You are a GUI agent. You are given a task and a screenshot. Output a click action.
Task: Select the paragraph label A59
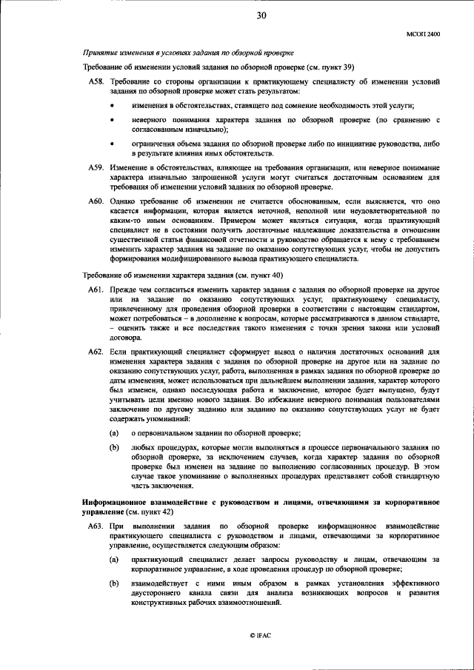(96, 169)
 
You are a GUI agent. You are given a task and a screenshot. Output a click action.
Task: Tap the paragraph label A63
(96, 525)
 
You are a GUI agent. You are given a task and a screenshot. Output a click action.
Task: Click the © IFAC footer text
(261, 635)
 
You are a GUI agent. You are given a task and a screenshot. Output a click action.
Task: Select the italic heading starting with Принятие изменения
(188, 53)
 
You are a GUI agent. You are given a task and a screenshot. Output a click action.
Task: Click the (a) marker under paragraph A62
(114, 432)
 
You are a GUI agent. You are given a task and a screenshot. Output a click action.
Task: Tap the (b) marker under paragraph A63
(114, 584)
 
